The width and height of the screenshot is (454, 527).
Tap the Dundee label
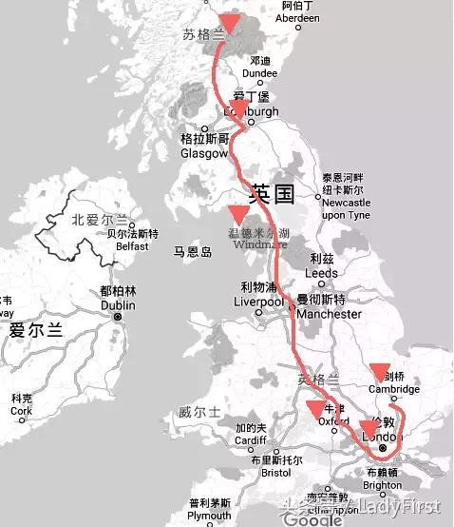click(260, 71)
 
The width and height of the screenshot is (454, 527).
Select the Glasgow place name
click(204, 152)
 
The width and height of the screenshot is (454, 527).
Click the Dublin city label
click(118, 305)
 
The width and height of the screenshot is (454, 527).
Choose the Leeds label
click(321, 273)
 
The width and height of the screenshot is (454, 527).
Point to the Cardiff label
click(252, 440)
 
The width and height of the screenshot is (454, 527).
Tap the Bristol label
click(275, 472)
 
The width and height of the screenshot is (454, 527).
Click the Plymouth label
click(209, 515)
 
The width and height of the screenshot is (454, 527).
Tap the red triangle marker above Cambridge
click(380, 371)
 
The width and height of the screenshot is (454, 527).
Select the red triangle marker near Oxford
click(316, 409)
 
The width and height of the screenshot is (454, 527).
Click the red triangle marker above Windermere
click(238, 215)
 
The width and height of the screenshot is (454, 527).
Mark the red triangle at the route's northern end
click(230, 23)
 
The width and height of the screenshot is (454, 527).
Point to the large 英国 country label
click(272, 196)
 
